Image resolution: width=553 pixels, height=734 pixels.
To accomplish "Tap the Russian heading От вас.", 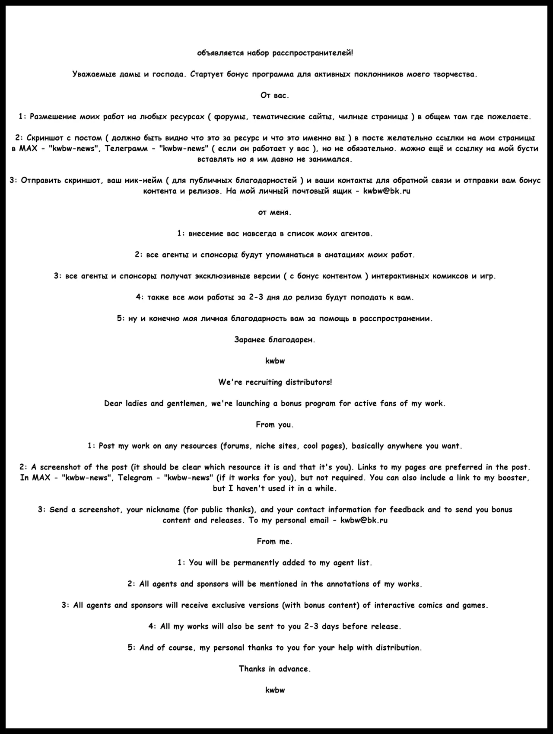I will point(275,96).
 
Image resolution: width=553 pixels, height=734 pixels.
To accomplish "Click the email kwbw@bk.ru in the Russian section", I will point(386,191).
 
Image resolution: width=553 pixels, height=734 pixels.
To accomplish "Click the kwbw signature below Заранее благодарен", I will point(275,361).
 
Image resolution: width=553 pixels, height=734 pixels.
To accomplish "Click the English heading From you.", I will point(275,424).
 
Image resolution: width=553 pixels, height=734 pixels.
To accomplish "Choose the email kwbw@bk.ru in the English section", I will point(364,520).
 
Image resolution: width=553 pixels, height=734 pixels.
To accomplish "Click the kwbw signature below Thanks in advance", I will point(275,690).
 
